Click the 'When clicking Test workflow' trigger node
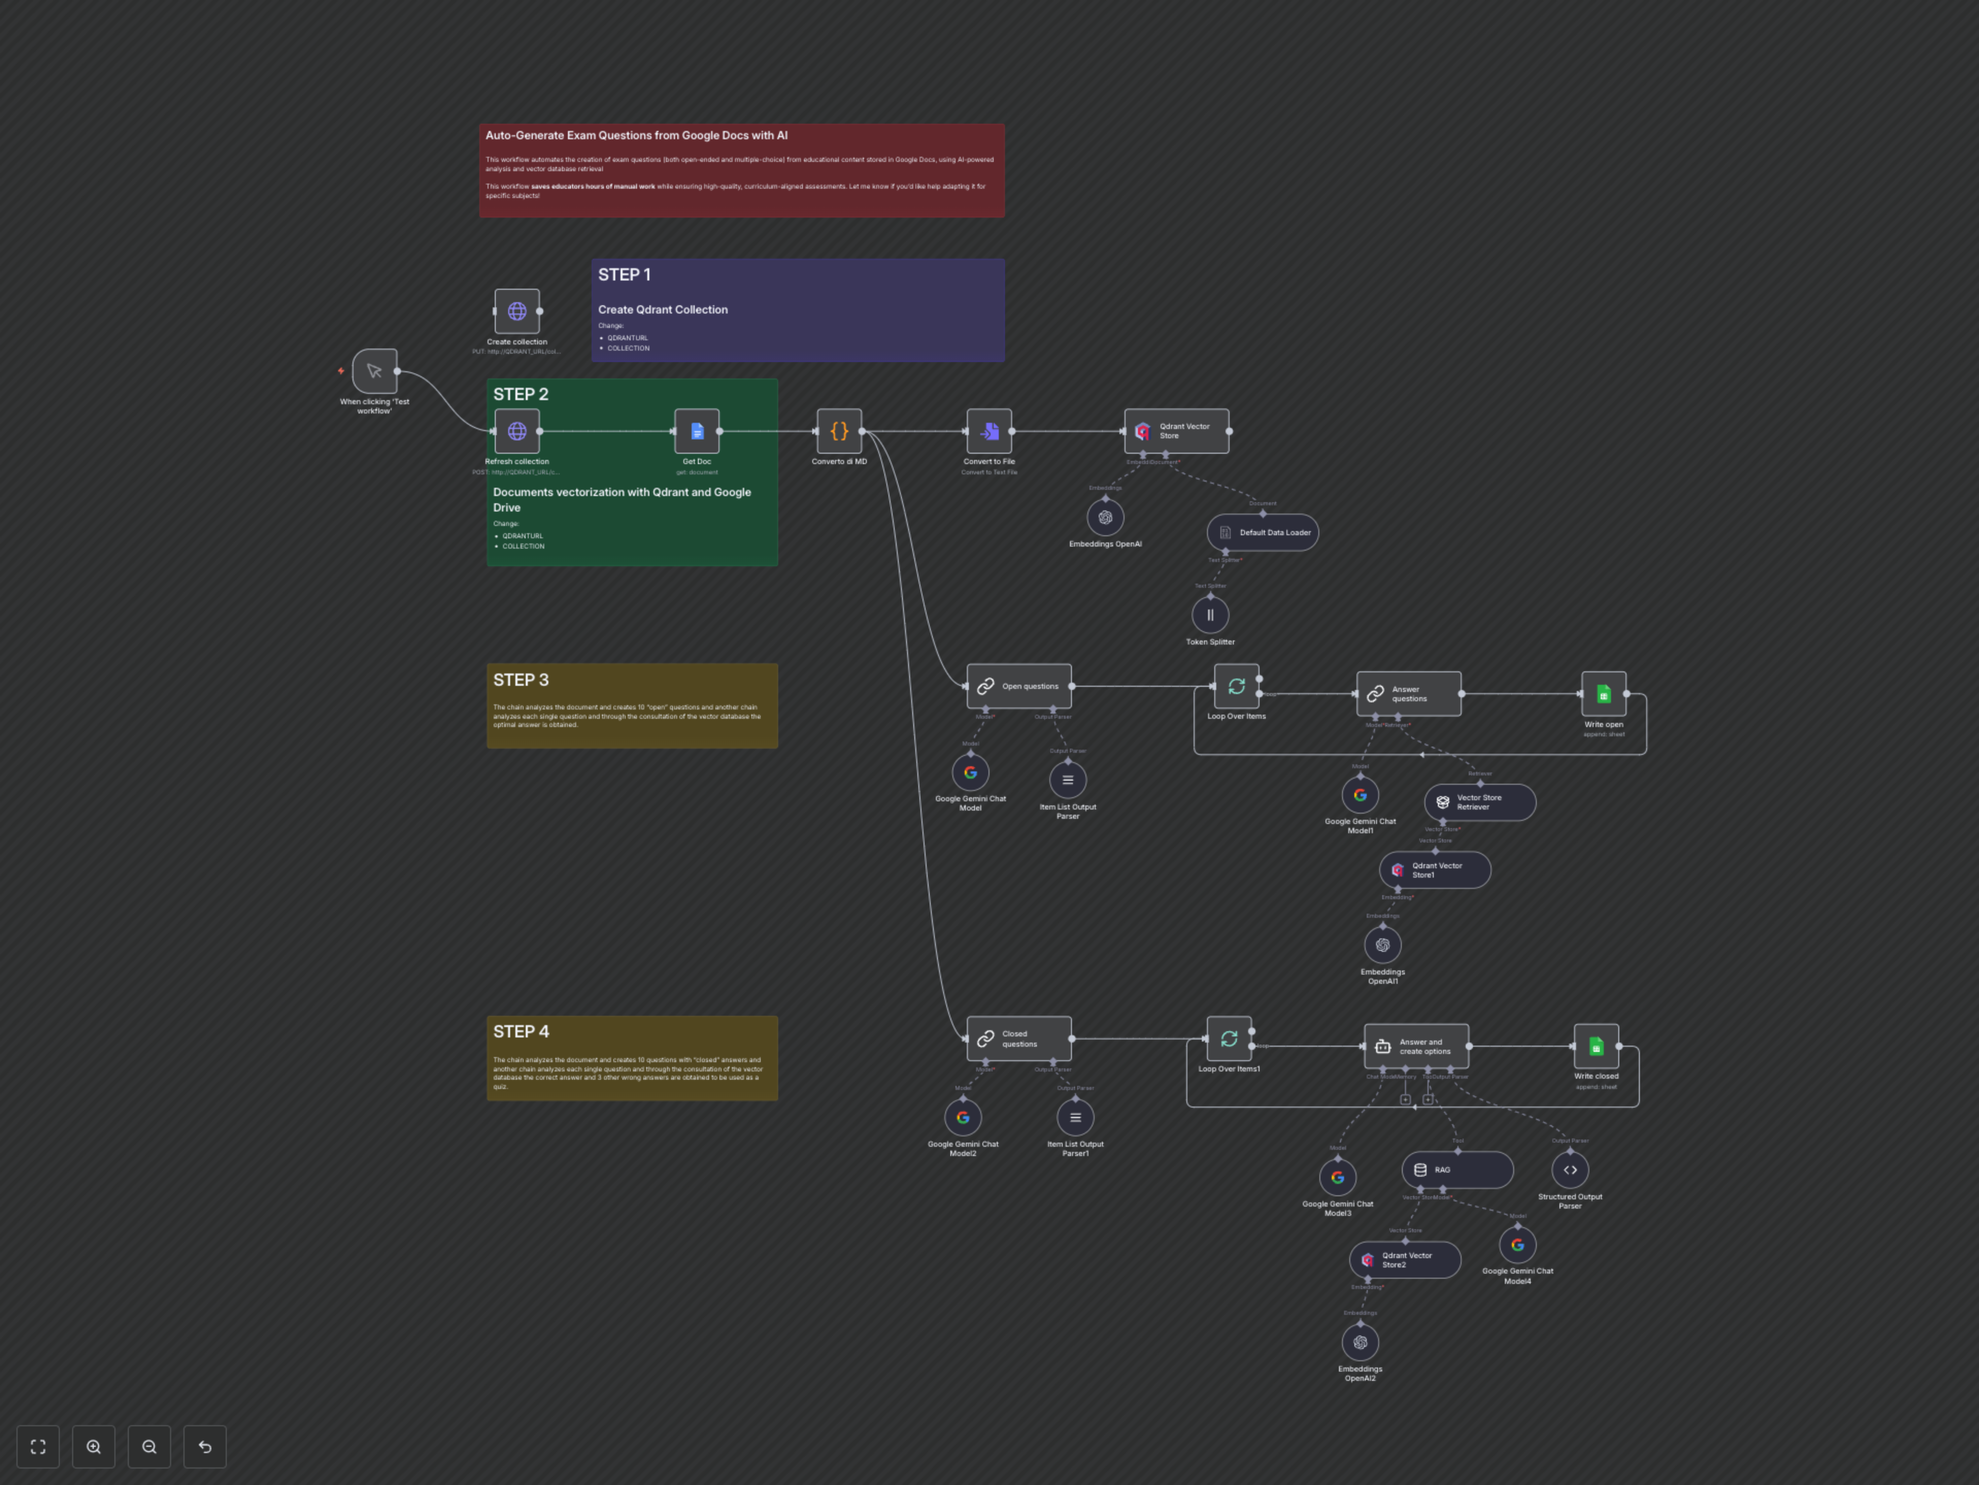(374, 371)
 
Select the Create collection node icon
(517, 311)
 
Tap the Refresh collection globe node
(517, 432)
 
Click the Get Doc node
(697, 432)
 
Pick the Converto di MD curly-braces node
(839, 432)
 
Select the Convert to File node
(989, 432)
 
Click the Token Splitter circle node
(1211, 615)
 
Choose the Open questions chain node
(1019, 687)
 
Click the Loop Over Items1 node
(1229, 1038)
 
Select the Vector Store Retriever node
(1480, 802)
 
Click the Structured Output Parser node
(1570, 1170)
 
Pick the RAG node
(1457, 1170)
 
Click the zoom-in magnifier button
(94, 1446)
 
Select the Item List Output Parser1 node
(1076, 1118)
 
